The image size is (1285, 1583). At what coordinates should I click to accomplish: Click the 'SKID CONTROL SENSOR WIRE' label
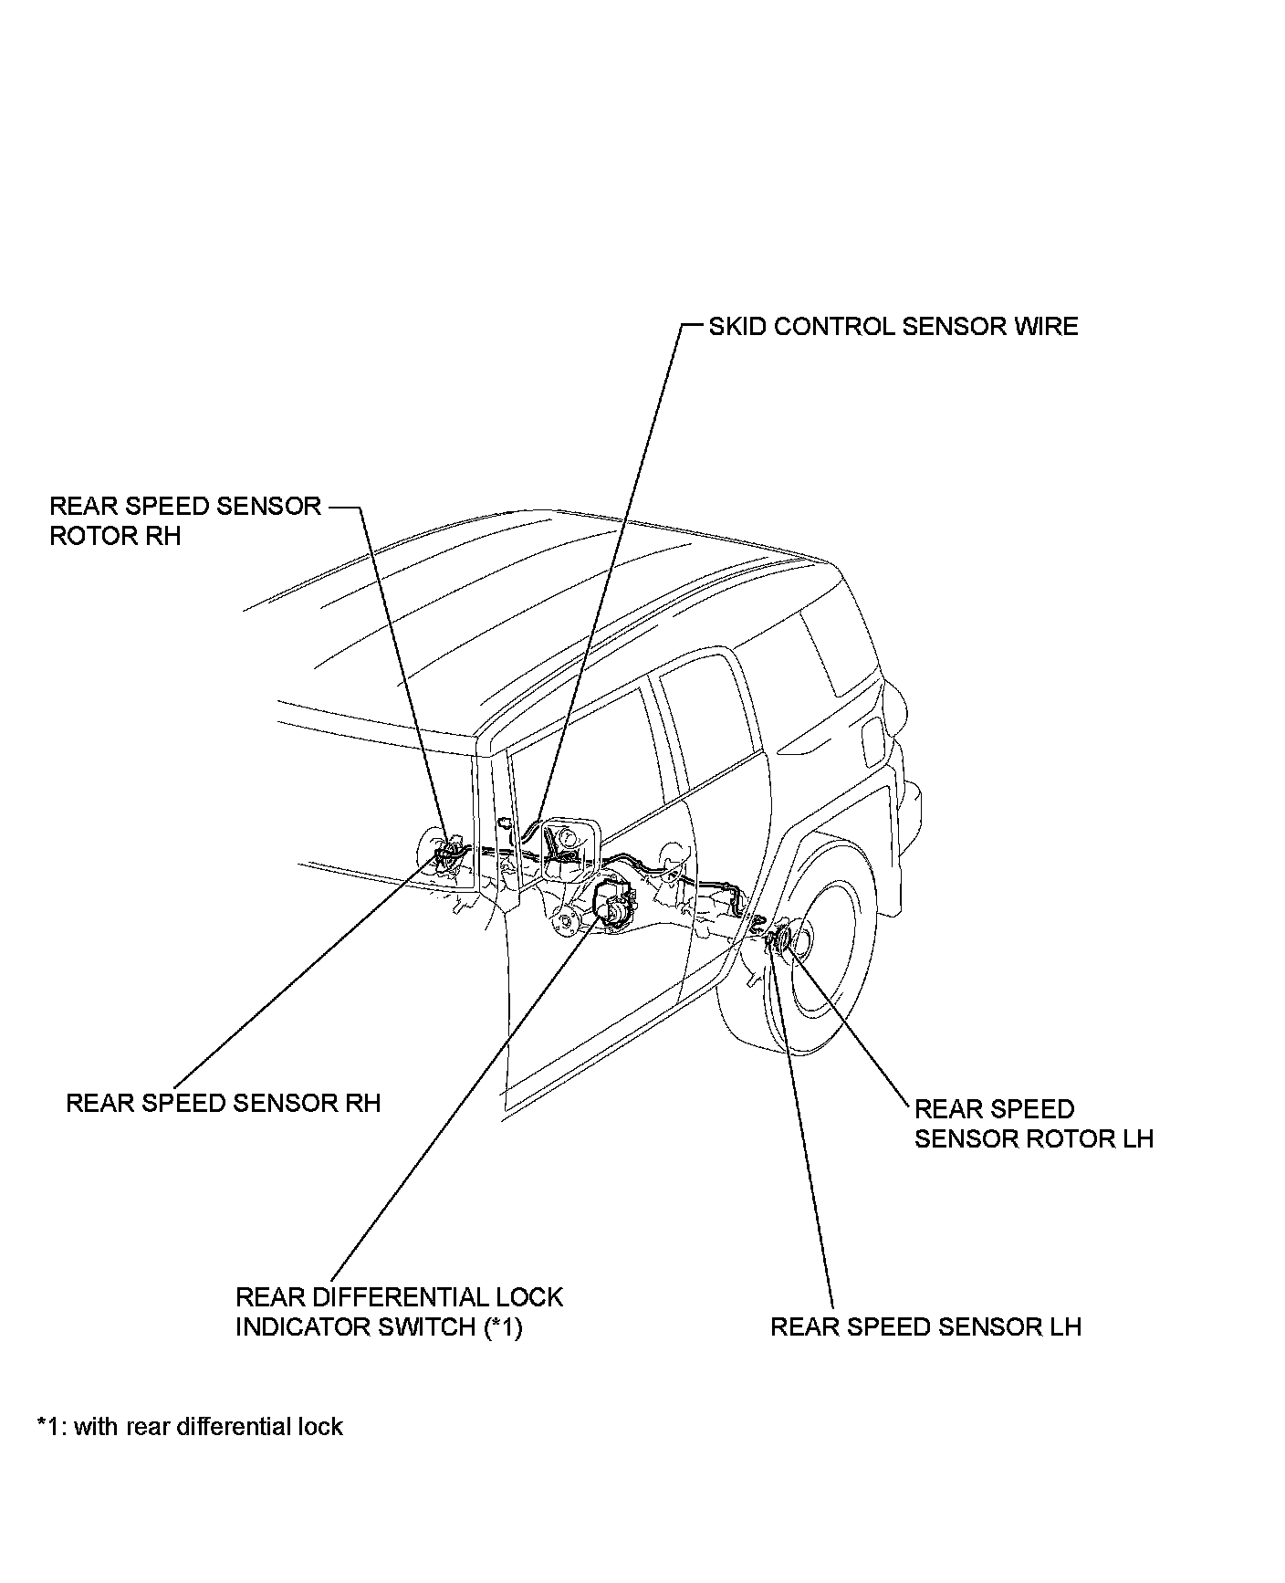coord(893,327)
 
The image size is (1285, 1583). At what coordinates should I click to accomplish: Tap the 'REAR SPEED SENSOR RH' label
coord(223,1103)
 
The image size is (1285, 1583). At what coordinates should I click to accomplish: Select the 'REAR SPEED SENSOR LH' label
coord(925,1326)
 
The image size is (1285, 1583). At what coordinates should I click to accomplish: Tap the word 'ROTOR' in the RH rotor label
coord(81,536)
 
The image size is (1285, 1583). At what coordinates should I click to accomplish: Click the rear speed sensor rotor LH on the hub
coord(783,940)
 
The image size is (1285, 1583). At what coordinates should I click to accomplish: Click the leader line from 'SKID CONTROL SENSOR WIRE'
coord(621,548)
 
